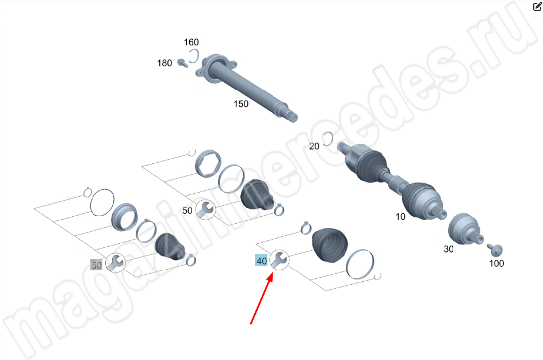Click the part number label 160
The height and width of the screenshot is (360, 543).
[191, 42]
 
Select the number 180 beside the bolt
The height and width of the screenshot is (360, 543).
[165, 63]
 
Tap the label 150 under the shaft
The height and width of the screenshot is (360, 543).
[241, 104]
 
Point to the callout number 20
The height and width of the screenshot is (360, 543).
[314, 146]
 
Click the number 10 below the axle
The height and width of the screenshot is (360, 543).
[400, 217]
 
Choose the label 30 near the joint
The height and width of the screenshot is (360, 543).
[449, 249]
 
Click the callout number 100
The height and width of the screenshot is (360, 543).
[496, 263]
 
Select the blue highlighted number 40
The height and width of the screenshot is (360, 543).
[262, 261]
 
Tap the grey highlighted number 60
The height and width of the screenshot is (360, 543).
[96, 265]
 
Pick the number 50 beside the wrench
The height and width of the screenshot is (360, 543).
[187, 210]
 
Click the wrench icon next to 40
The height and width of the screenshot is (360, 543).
[279, 259]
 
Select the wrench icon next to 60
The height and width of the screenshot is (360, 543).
[115, 262]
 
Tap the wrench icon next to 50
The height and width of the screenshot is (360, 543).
[205, 209]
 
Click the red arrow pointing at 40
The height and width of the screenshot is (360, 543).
[262, 298]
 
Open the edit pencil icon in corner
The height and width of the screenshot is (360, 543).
[537, 6]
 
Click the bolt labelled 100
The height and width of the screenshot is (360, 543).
[495, 249]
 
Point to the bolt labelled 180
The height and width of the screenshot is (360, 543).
[182, 63]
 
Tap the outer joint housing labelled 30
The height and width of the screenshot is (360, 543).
[462, 229]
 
